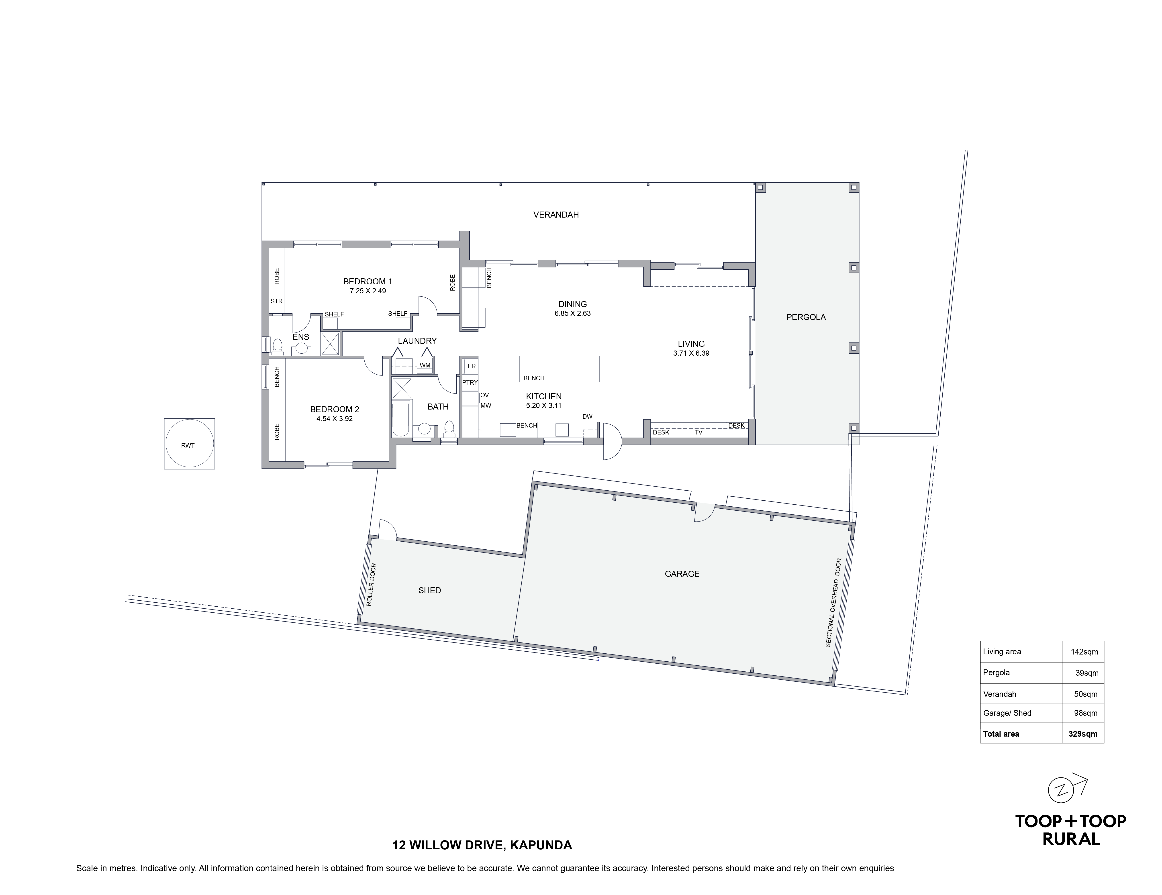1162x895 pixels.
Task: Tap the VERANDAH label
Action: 556,215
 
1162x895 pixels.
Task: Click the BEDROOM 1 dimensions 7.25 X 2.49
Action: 368,291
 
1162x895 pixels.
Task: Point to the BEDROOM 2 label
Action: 335,409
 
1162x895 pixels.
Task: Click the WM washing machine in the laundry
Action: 425,365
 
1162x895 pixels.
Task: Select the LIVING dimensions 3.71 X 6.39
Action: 691,353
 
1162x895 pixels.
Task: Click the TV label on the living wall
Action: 698,433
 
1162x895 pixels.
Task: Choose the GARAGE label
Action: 682,574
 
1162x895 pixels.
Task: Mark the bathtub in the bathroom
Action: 400,419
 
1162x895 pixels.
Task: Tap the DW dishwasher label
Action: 587,417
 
